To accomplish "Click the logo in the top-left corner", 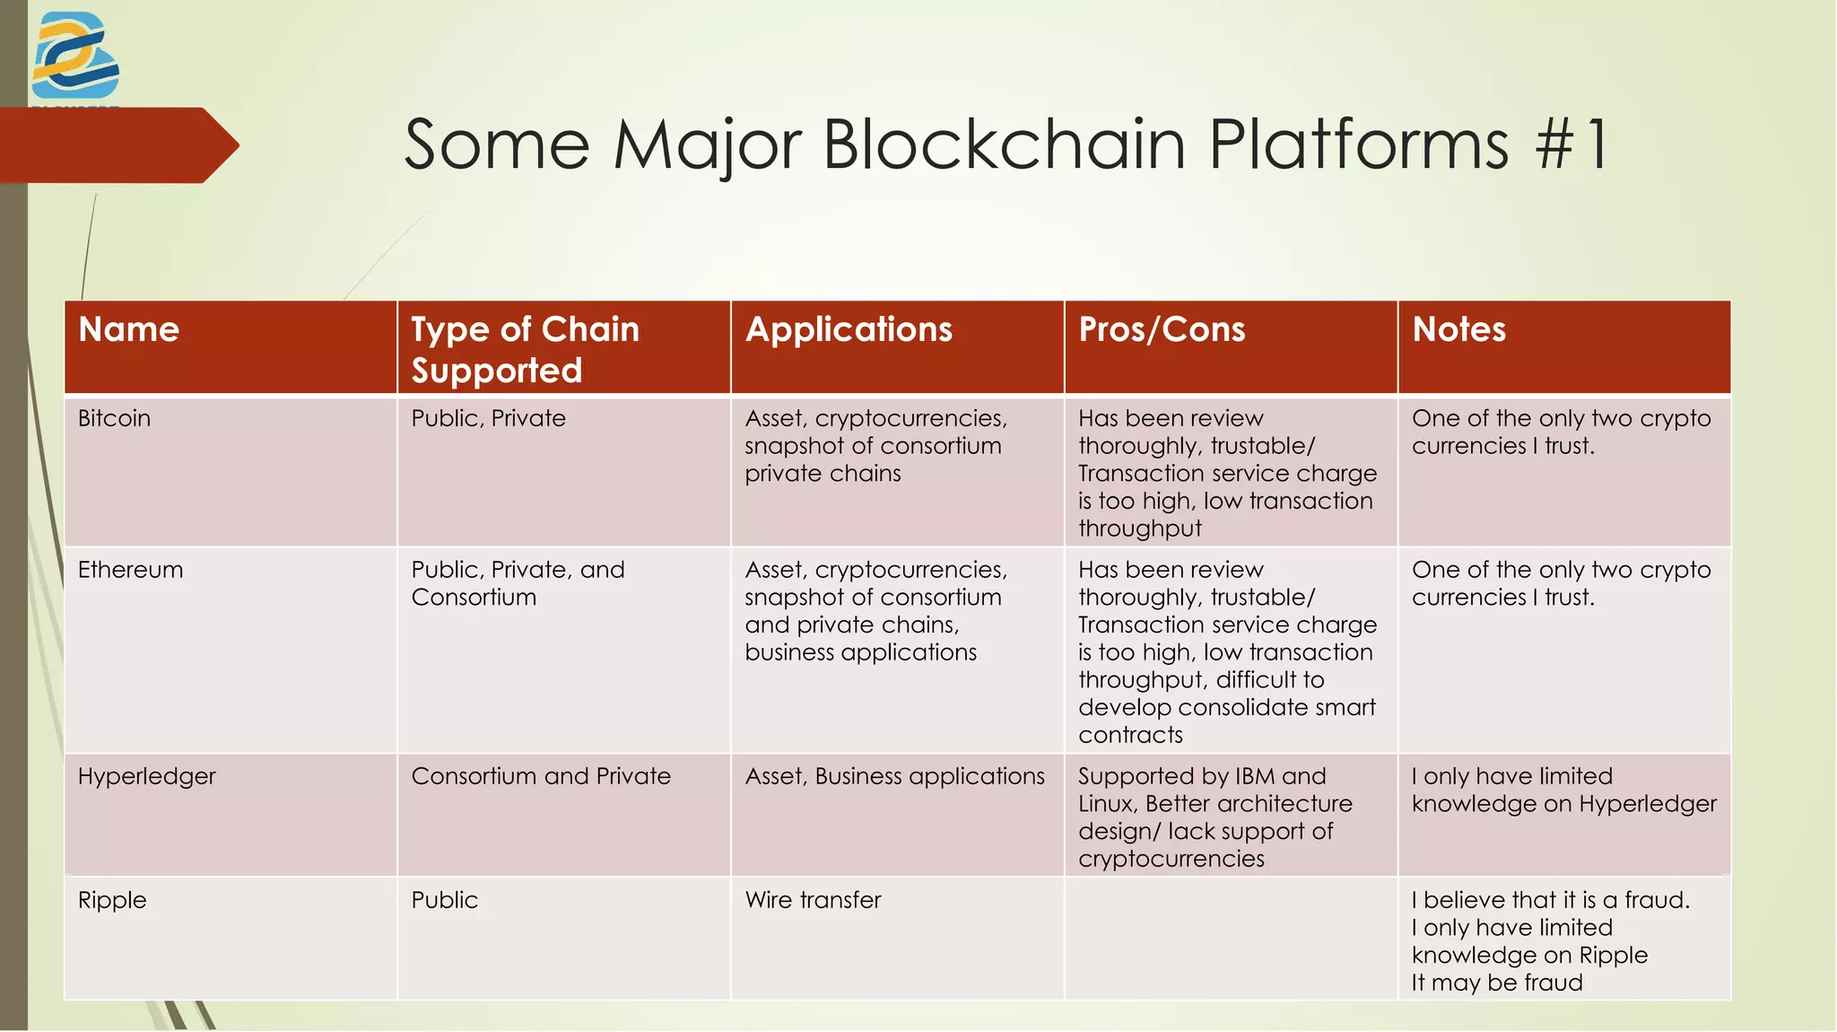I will pyautogui.click(x=74, y=56).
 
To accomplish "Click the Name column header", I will pyautogui.click(x=129, y=329).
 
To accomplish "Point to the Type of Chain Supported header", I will pyautogui.click(x=525, y=349).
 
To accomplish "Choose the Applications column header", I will pyautogui.click(x=849, y=329).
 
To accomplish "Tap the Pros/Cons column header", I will pyautogui.click(x=1162, y=329).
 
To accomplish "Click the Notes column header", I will pyautogui.click(x=1458, y=329).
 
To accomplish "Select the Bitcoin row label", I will pyautogui.click(x=114, y=418).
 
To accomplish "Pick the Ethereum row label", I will pyautogui.click(x=130, y=570).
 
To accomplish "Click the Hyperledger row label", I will pyautogui.click(x=146, y=776).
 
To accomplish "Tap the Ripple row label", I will pyautogui.click(x=111, y=900).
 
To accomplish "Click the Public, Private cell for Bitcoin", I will pyautogui.click(x=488, y=418).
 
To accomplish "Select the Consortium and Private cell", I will pyautogui.click(x=540, y=776).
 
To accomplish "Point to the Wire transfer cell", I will pyautogui.click(x=813, y=900).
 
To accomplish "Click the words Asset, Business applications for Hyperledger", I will pyautogui.click(x=894, y=776).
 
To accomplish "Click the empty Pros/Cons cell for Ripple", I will pyautogui.click(x=1230, y=938).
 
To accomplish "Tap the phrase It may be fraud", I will pyautogui.click(x=1496, y=983).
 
